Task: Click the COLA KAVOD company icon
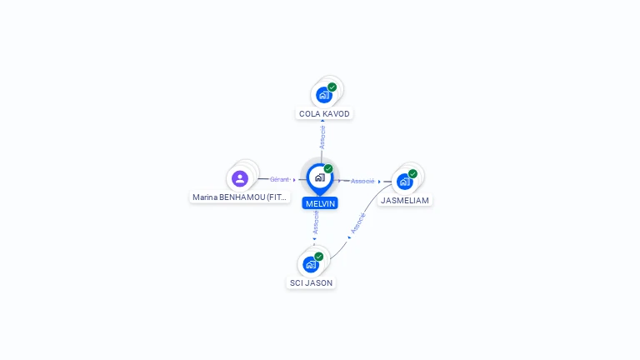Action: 324,95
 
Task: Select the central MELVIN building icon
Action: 319,177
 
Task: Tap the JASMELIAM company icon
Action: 405,182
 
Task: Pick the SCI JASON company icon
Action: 311,264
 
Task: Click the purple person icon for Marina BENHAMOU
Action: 240,178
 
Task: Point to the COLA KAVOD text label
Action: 324,113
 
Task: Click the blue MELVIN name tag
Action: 320,203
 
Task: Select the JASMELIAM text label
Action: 405,201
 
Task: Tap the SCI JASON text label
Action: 311,283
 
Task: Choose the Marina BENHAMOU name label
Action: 240,197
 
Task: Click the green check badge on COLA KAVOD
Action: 332,87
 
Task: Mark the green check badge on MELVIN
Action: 328,168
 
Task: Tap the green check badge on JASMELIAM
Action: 413,173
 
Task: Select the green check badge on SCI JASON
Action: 319,256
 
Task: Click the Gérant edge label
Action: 279,179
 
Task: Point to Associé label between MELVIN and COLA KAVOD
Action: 322,137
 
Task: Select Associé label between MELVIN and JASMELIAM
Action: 362,181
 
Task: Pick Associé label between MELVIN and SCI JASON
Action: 316,222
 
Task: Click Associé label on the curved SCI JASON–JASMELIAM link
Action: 358,223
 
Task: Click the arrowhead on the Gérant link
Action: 294,179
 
